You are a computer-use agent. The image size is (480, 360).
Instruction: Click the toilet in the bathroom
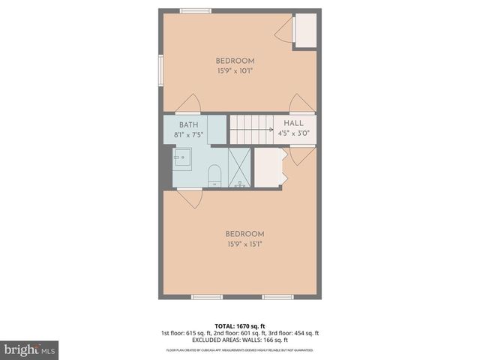(214, 175)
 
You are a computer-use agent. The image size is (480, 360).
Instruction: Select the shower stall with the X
(239, 167)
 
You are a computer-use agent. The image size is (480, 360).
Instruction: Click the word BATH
(188, 124)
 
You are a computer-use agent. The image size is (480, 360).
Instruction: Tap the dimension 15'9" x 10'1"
(235, 71)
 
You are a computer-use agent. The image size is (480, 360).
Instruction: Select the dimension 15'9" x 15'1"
(244, 243)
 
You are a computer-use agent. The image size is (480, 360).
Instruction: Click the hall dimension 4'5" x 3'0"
(294, 134)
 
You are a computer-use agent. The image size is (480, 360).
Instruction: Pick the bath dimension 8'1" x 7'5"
(188, 135)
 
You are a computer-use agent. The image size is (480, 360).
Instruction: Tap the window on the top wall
(196, 10)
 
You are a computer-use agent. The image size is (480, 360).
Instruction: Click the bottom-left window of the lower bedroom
(207, 297)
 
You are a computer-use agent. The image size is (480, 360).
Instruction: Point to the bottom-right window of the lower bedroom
(277, 297)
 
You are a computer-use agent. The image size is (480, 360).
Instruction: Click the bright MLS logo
(30, 349)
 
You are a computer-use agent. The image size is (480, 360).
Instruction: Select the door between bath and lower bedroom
(190, 197)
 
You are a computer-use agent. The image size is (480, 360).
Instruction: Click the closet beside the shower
(268, 167)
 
